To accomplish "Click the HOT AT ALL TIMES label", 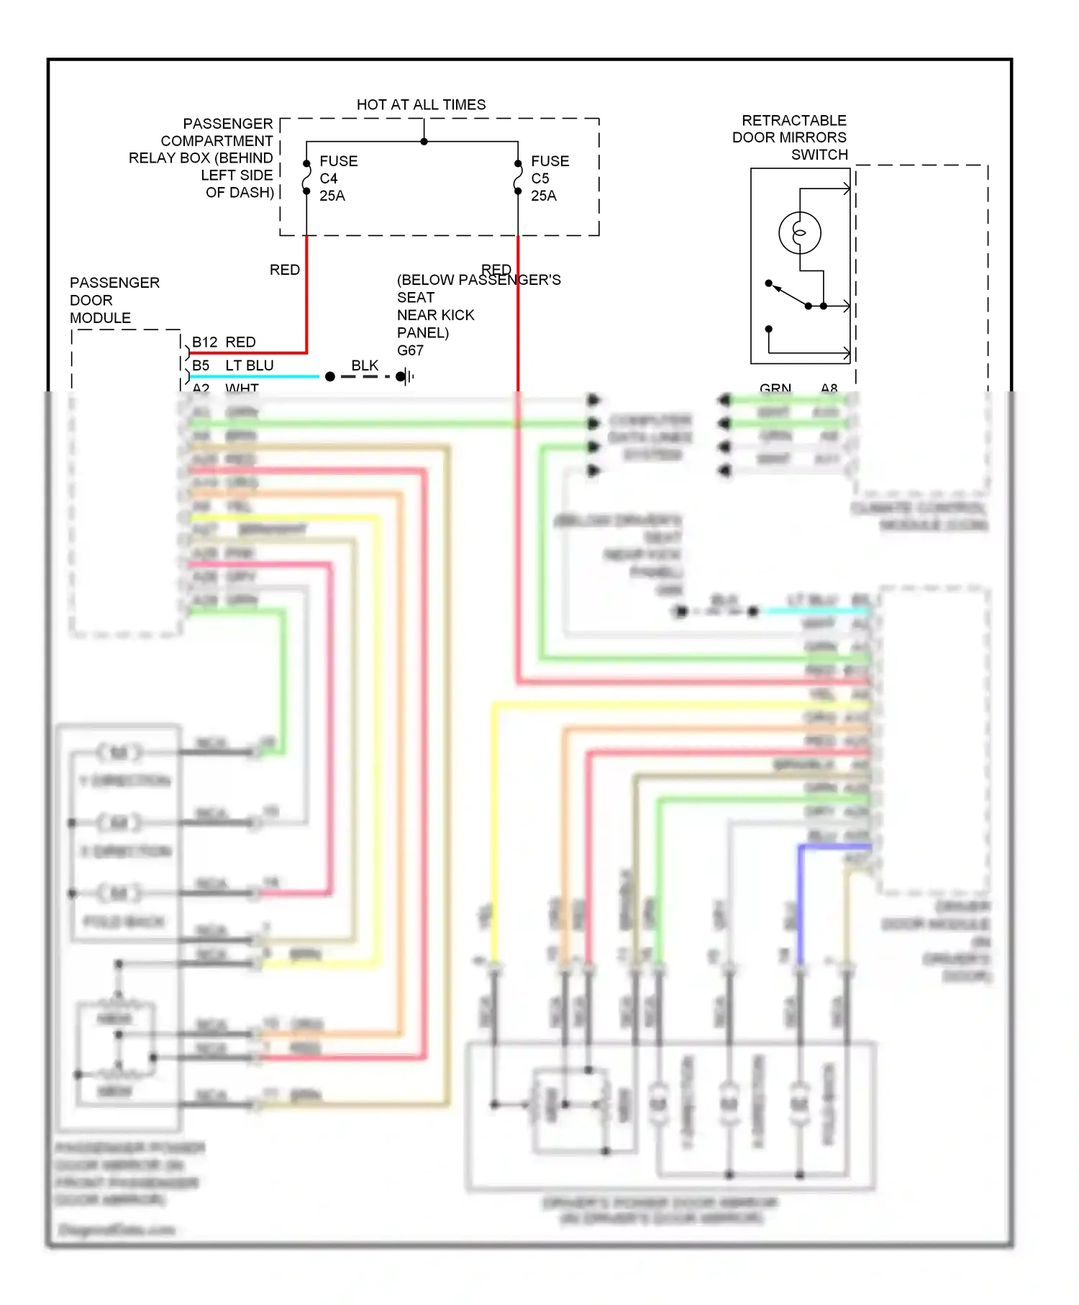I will [421, 105].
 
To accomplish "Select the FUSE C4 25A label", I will [338, 178].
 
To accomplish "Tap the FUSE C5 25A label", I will [550, 178].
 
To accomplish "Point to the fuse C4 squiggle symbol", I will [306, 178].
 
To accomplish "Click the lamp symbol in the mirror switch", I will [799, 232].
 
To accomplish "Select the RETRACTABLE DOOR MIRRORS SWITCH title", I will [790, 137].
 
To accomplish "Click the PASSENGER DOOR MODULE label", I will [114, 300].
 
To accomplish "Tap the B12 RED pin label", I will [224, 342].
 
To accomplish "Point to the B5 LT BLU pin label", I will [232, 365].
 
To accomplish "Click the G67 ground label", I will [410, 350].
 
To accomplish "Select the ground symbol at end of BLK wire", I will [407, 376].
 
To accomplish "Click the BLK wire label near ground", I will [365, 365].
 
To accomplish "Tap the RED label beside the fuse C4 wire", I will [285, 270].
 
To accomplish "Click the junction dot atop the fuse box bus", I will [424, 142].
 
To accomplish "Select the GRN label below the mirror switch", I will [775, 388].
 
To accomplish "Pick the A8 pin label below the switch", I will [829, 388].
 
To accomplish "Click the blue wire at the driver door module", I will [801, 899].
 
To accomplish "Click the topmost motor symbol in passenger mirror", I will [119, 752].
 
